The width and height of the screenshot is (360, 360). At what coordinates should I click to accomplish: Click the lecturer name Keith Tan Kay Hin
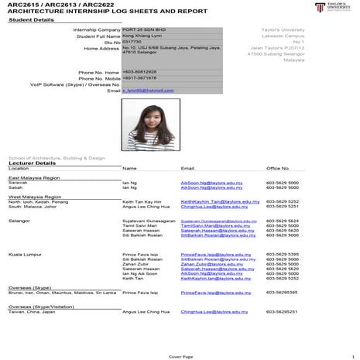click(142, 201)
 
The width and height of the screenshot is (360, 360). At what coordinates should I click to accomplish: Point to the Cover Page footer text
click(180, 356)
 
